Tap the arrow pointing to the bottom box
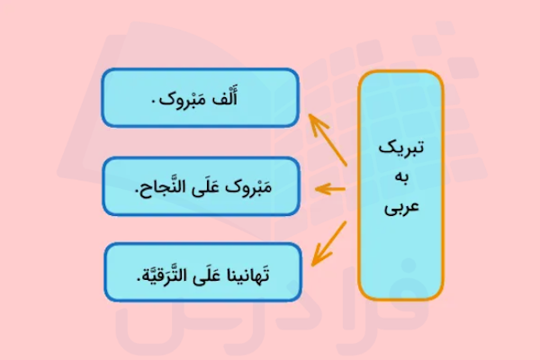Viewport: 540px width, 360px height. click(328, 241)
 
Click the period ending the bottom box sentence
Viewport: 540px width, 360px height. click(129, 277)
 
